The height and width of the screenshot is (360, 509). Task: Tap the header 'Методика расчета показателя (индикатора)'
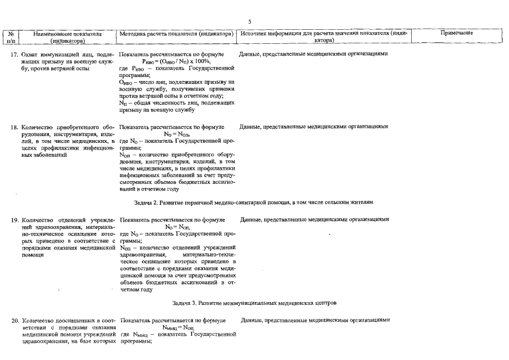tap(176, 34)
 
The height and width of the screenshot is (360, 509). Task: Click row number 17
tap(15, 55)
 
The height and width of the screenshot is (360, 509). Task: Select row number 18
tap(15, 127)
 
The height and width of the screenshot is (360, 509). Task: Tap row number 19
tap(15, 220)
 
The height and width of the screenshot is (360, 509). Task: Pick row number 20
tap(15, 321)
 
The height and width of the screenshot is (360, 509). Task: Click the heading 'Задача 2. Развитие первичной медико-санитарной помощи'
tap(254, 201)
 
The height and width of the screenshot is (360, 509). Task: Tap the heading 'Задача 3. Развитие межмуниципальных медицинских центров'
tap(254, 303)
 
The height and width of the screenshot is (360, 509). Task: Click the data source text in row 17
tap(313, 55)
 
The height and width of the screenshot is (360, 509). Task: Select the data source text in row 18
tap(313, 127)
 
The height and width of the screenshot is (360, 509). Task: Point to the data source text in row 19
tap(314, 220)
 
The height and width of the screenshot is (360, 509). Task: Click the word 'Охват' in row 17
tap(29, 55)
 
